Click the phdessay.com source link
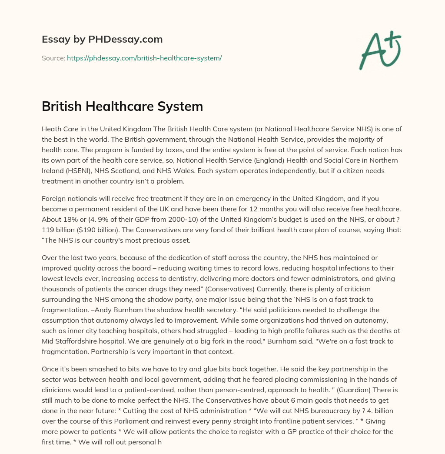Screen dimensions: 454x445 coord(144,58)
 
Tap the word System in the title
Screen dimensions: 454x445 coord(182,106)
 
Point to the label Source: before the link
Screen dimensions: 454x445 coord(53,58)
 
